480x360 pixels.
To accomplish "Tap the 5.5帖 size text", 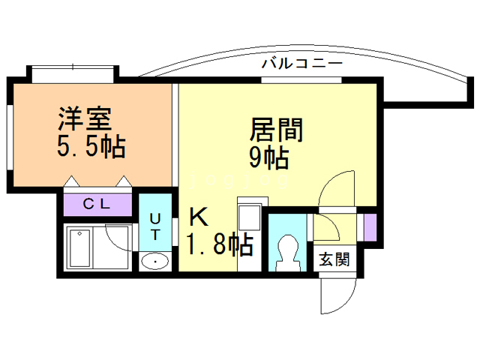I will coord(91,145).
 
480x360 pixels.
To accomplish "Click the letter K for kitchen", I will coord(198,218).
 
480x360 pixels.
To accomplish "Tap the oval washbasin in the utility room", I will coord(154,261).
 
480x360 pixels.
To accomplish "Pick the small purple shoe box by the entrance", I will coord(369,226).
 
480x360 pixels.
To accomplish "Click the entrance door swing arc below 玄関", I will coord(336,296).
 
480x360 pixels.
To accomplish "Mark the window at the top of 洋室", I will coord(73,73).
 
